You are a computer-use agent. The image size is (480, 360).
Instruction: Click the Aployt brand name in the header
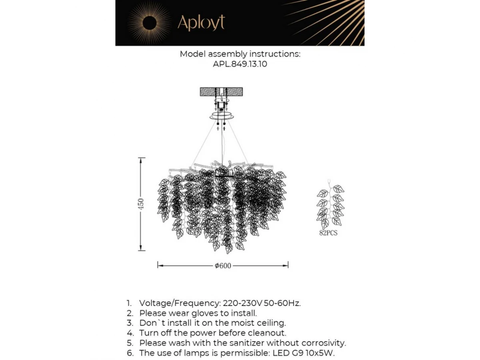tap(201, 23)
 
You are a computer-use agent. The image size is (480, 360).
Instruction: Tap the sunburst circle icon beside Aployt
tap(149, 24)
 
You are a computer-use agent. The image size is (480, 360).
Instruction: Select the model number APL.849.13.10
tap(240, 64)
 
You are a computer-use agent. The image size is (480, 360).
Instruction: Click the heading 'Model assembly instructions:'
tap(240, 54)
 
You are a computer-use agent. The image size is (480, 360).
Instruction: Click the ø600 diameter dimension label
tap(223, 266)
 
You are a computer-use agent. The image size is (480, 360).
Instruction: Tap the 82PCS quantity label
tap(328, 233)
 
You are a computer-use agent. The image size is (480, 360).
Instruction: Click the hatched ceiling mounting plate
tap(221, 91)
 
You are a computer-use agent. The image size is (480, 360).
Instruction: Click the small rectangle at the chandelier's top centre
tap(224, 173)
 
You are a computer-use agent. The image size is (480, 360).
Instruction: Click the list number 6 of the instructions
tap(129, 353)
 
